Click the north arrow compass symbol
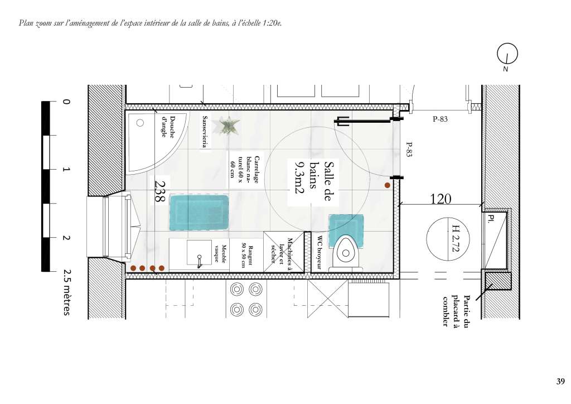(x=507, y=54)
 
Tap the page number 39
(x=560, y=381)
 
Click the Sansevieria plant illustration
(x=228, y=127)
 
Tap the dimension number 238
(x=160, y=191)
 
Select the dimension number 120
(x=441, y=199)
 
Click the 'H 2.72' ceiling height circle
(x=448, y=239)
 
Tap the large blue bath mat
(x=199, y=213)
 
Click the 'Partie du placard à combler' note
(x=456, y=310)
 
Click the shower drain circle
(x=140, y=123)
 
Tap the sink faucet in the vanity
(x=199, y=261)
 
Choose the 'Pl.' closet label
(x=491, y=219)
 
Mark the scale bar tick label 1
(x=66, y=170)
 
